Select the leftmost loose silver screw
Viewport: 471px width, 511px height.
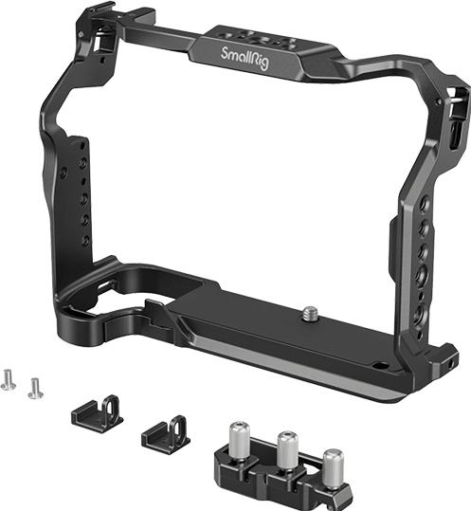point(9,378)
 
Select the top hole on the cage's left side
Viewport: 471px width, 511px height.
point(83,145)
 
